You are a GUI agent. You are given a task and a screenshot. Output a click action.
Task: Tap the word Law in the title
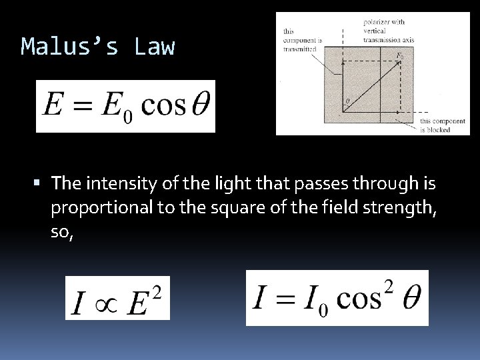coord(154,47)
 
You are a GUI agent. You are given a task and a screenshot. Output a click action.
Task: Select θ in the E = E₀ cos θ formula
coord(198,105)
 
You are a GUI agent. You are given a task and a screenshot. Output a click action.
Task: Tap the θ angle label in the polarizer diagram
coord(347,101)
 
